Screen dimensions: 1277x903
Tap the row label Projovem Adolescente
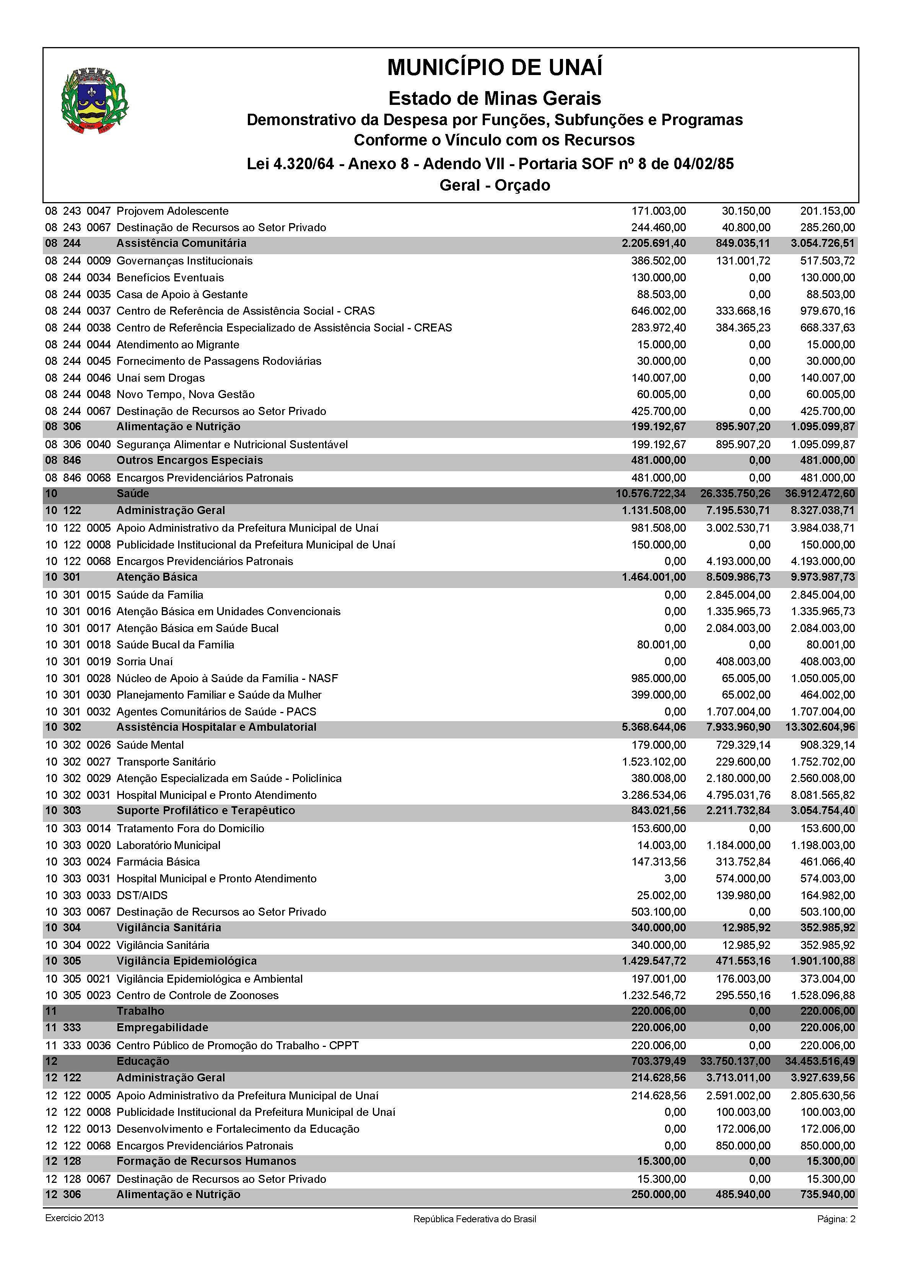(172, 211)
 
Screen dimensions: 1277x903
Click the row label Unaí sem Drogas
(160, 378)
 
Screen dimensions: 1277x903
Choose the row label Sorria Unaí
(145, 661)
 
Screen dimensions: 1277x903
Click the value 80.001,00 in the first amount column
(661, 645)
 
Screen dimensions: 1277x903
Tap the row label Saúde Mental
(150, 745)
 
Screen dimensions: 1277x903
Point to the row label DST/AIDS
(142, 895)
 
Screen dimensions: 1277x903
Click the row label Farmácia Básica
(158, 862)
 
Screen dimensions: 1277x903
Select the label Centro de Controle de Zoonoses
(197, 995)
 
